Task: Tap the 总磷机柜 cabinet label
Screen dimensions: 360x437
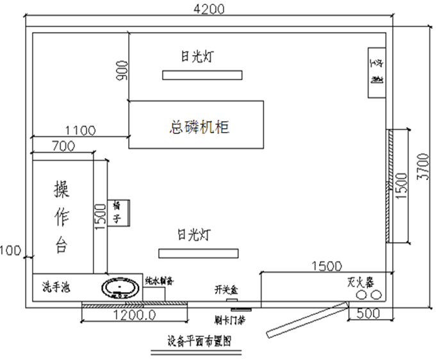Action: click(x=199, y=126)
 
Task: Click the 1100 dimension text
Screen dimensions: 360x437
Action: click(x=80, y=131)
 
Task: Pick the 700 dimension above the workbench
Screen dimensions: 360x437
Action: click(x=63, y=147)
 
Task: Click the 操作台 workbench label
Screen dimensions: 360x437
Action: click(x=62, y=217)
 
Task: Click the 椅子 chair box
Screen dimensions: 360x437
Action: click(x=119, y=213)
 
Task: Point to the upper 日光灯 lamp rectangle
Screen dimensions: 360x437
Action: click(x=202, y=76)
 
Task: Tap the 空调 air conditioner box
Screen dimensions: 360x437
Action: click(x=377, y=72)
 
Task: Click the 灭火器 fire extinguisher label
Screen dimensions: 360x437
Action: click(x=360, y=282)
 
